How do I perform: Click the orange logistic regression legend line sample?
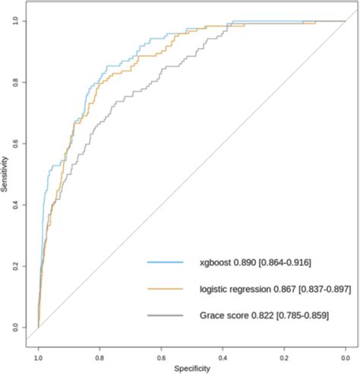(x=165, y=289)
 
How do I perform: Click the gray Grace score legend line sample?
(x=165, y=315)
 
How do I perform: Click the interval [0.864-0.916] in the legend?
(x=283, y=262)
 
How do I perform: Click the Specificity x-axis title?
(x=191, y=369)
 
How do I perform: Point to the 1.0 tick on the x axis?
(x=38, y=355)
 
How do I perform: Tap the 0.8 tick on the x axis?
(x=99, y=355)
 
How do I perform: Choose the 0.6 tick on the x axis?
(x=161, y=355)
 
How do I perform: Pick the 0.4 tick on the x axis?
(x=223, y=355)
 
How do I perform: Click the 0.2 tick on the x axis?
(x=284, y=355)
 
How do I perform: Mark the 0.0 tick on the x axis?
(x=345, y=355)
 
